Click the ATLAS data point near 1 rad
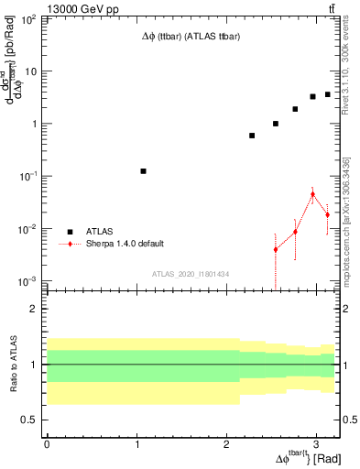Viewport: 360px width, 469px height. coord(143,171)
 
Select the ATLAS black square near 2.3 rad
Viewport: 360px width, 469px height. coord(252,136)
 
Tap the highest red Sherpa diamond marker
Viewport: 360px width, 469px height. coord(312,194)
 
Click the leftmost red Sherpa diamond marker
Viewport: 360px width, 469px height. coord(275,249)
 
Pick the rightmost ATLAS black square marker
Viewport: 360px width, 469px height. coord(327,94)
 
